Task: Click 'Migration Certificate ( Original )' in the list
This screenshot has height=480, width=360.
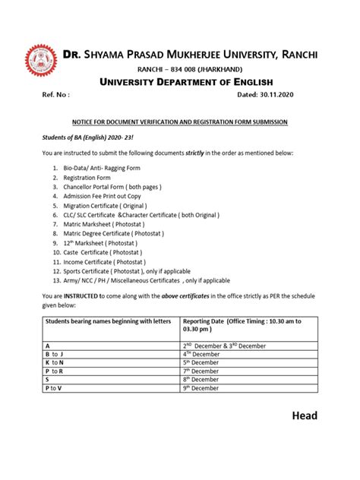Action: pos(105,206)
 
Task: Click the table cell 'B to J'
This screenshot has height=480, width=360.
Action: pos(55,353)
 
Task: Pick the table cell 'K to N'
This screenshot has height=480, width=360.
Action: pos(55,363)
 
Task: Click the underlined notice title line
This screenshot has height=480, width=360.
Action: pos(179,122)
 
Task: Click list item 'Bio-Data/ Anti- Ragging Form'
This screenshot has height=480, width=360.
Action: pos(102,168)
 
